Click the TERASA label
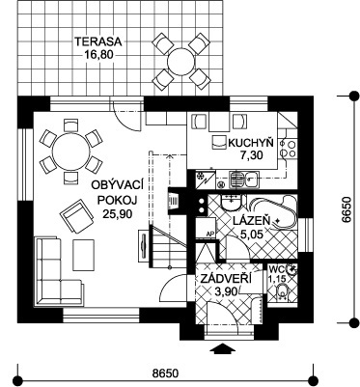pyautogui.click(x=97, y=41)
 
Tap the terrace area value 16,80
pyautogui.click(x=99, y=54)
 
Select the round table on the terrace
pyautogui.click(x=180, y=61)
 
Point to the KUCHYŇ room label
pyautogui.click(x=251, y=143)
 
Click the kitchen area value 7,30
pyautogui.click(x=251, y=155)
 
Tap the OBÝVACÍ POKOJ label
pyautogui.click(x=117, y=192)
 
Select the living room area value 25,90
pyautogui.click(x=118, y=214)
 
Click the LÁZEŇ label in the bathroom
pyautogui.click(x=251, y=221)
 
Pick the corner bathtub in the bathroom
pyautogui.click(x=273, y=212)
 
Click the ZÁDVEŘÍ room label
pyautogui.click(x=226, y=279)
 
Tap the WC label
pyautogui.click(x=275, y=268)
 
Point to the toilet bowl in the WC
pyautogui.click(x=283, y=292)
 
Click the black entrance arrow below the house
pyautogui.click(x=222, y=349)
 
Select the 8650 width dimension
pyautogui.click(x=165, y=373)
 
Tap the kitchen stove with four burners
pyautogui.click(x=288, y=148)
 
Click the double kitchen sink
pyautogui.click(x=243, y=179)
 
